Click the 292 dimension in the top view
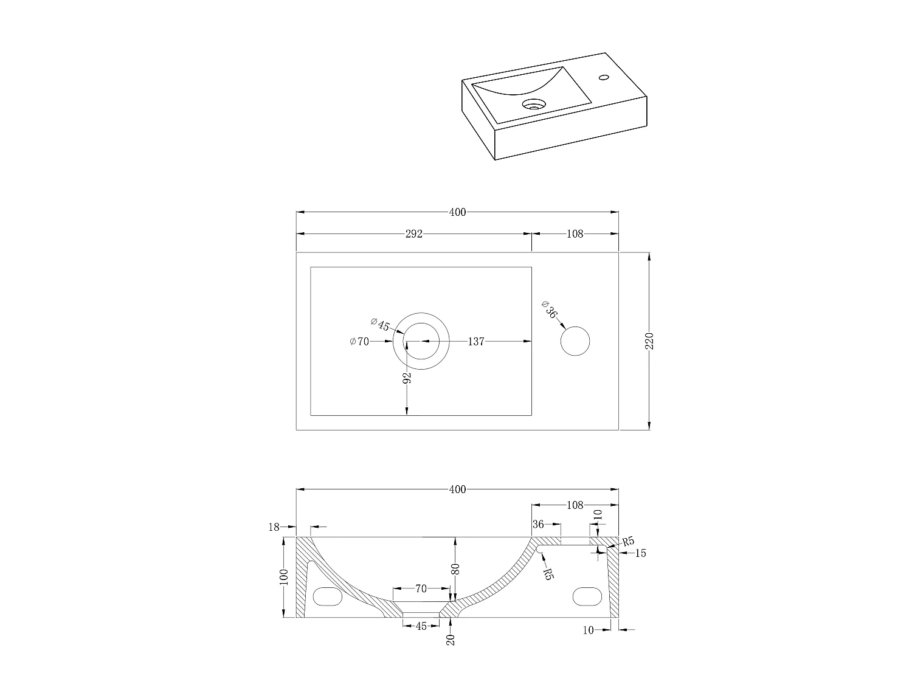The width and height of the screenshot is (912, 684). [413, 233]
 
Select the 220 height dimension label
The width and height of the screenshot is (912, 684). [649, 341]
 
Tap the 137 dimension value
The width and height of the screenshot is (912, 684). [476, 342]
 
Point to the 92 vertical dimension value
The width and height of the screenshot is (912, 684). [407, 377]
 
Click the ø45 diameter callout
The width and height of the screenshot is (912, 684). [380, 325]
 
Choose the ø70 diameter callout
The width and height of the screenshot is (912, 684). [359, 342]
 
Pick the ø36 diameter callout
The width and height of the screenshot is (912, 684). [548, 309]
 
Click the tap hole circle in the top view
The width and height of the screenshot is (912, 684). [575, 341]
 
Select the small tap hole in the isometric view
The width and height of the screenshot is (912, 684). [604, 77]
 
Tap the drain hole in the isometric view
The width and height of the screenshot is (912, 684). [534, 104]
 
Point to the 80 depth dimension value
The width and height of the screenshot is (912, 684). [455, 569]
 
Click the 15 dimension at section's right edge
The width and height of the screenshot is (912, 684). [640, 553]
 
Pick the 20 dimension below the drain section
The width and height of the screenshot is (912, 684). [451, 639]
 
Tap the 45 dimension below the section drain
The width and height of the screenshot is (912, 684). [421, 626]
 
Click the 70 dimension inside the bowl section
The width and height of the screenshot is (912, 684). [421, 589]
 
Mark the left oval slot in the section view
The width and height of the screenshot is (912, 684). [327, 596]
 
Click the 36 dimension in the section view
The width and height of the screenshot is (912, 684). [538, 524]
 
